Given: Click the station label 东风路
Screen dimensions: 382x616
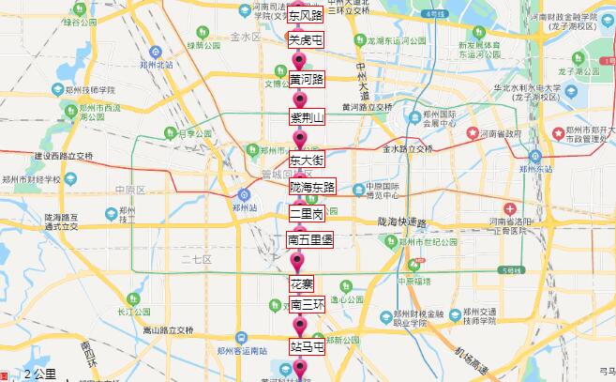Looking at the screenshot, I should point(305,16).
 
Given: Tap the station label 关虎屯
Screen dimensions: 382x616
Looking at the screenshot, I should point(305,40).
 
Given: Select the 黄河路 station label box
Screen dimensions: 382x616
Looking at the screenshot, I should point(307,79).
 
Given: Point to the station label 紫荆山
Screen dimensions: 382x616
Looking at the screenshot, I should point(307,117).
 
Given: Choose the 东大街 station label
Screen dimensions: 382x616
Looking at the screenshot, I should point(307,160).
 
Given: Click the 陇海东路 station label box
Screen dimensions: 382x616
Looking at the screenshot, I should point(312,188).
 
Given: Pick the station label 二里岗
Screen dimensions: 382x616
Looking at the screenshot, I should point(307,214).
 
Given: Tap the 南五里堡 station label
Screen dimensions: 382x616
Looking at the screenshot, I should point(309,241).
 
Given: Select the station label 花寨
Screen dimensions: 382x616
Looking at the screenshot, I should point(301,283).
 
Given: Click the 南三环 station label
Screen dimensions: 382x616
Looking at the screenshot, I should point(307,305).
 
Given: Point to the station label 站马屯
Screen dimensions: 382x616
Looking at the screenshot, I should point(307,346).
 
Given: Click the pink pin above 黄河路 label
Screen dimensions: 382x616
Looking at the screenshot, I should point(300,59).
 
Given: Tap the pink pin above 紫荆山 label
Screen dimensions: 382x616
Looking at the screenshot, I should point(300,99).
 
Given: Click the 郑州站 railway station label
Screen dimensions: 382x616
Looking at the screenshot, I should point(244,207).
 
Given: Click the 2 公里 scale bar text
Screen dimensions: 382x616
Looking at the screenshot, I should point(39,374).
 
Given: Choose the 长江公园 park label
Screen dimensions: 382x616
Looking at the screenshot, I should point(133,311).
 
